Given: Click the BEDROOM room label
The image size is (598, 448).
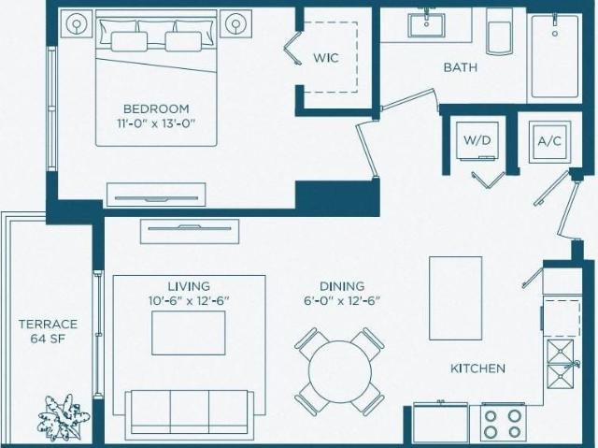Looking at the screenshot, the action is (156, 108).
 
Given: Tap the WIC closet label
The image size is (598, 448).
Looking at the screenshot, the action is (326, 58).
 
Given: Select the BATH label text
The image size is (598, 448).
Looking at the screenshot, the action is (461, 67).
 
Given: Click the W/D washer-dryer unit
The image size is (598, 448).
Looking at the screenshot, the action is (477, 140).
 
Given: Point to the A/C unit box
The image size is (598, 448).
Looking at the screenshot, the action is (549, 141).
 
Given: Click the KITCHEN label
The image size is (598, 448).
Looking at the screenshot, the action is (477, 369).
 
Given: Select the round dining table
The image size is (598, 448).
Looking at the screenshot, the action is (340, 371).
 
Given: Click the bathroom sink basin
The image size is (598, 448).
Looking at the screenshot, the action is (426, 25).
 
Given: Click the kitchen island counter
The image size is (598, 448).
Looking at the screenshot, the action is (455, 298).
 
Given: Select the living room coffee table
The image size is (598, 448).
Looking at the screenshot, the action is (189, 333).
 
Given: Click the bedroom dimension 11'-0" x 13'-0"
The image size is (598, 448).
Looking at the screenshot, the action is (156, 124).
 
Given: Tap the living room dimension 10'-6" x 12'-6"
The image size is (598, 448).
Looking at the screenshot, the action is (189, 301).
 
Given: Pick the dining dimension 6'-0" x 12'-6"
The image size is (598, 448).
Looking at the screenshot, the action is (342, 301).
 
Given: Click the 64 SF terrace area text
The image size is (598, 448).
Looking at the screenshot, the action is (48, 339).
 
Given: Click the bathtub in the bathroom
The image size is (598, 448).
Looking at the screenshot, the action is (555, 56).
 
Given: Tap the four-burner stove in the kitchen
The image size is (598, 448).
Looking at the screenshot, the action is (503, 425).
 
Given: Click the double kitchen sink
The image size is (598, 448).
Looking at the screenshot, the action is (561, 365).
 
